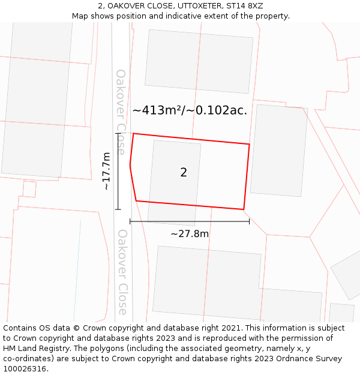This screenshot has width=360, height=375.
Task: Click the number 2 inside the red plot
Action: (x=184, y=173)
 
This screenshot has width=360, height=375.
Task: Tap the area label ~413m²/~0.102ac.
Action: (x=190, y=110)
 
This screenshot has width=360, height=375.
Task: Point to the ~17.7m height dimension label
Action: (x=106, y=171)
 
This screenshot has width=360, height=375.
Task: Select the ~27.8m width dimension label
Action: (x=190, y=234)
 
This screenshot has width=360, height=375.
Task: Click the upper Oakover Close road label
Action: (x=121, y=112)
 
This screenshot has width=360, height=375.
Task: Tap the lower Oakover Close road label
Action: (x=122, y=272)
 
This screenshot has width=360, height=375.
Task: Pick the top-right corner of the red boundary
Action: (x=249, y=144)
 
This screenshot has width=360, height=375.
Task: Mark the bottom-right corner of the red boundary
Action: (x=244, y=209)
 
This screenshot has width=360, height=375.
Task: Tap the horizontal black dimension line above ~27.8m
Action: (x=190, y=222)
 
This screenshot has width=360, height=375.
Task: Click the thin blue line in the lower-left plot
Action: (x=77, y=270)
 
